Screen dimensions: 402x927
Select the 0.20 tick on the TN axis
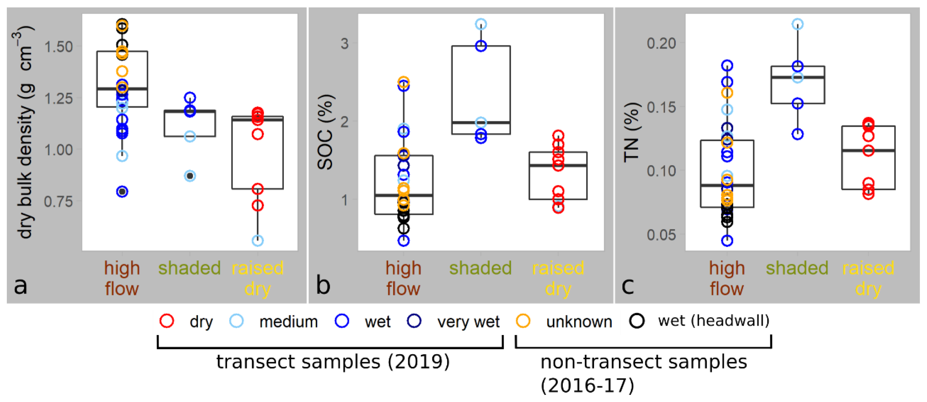(x=662, y=44)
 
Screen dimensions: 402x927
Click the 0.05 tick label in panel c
(x=662, y=235)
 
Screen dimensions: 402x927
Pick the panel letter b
(x=323, y=286)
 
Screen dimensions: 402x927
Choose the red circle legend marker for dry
(x=167, y=321)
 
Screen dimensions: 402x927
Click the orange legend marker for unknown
(x=523, y=321)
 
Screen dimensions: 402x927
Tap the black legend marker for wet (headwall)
(x=637, y=321)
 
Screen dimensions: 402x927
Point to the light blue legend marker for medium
(x=236, y=321)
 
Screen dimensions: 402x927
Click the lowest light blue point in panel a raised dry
(x=257, y=240)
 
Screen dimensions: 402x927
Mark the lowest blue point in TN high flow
(x=727, y=241)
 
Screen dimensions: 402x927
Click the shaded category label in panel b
(x=481, y=268)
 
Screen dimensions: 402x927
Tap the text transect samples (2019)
(x=333, y=362)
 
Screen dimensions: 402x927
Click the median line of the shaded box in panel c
(x=798, y=77)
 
